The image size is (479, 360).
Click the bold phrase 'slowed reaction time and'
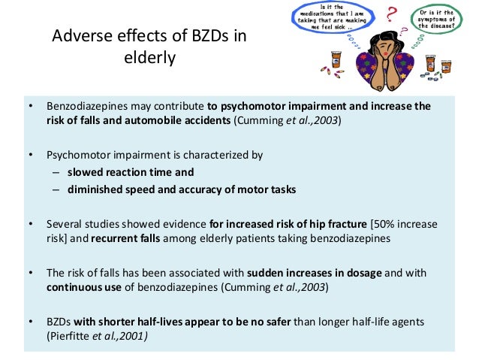131,171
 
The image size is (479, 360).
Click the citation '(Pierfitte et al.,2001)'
97,336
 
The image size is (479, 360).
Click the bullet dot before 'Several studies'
31,223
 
